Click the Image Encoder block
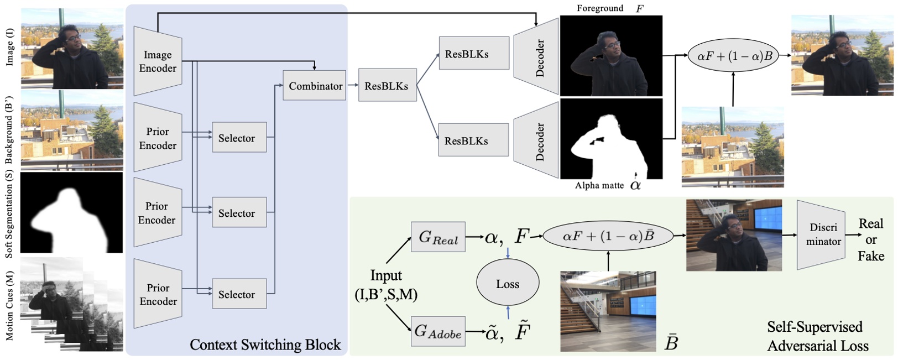click(158, 61)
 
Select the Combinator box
click(314, 86)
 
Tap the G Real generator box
click(438, 237)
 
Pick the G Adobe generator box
click(438, 331)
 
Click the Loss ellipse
click(507, 284)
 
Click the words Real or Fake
click(870, 239)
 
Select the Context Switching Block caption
click(265, 345)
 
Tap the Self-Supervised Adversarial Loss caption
click(817, 336)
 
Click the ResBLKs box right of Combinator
click(387, 86)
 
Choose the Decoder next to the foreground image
click(536, 57)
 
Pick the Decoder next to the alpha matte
click(536, 140)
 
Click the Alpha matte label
click(599, 185)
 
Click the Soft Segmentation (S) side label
click(9, 213)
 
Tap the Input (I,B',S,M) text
click(386, 285)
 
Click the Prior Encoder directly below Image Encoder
click(158, 138)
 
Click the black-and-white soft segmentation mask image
click(71, 212)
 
